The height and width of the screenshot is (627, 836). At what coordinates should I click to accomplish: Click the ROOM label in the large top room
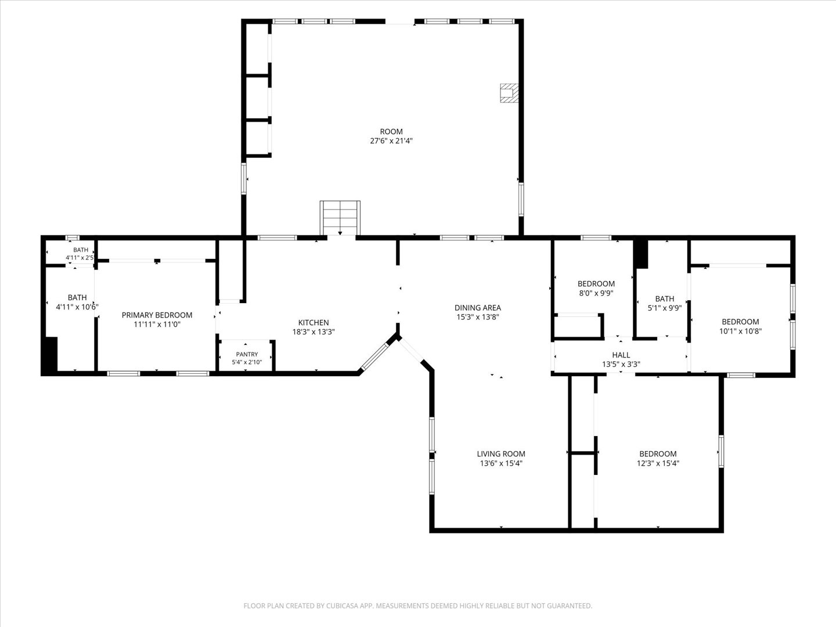coord(391,131)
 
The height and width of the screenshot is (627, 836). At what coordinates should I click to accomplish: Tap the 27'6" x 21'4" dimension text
coord(391,141)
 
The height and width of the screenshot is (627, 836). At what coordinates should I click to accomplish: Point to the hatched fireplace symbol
coord(509,93)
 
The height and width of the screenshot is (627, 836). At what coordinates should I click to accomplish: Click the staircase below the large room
coord(340,218)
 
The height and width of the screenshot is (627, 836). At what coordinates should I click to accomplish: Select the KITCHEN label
coord(313,322)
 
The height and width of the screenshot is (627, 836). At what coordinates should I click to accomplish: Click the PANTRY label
coord(247,354)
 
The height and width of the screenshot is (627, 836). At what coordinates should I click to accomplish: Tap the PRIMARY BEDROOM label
coord(157,315)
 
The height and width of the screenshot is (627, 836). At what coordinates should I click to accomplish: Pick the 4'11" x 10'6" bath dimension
coord(77,307)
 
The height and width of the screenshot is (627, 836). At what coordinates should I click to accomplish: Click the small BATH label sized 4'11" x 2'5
coord(81,250)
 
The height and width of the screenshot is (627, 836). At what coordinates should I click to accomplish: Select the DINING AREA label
coord(478,308)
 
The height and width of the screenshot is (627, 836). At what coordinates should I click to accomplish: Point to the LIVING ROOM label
coord(501,454)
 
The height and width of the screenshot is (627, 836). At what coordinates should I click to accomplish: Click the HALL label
coord(621,355)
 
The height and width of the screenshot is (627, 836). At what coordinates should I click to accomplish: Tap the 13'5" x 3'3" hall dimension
coord(621,365)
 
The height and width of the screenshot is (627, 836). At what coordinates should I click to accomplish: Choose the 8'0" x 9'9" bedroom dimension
coord(596,293)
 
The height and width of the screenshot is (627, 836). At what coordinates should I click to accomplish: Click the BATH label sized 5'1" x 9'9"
coord(665,299)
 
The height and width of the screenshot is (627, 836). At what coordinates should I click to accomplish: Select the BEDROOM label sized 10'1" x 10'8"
coord(740,322)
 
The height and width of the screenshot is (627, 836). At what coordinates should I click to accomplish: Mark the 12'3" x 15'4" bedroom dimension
coord(658,463)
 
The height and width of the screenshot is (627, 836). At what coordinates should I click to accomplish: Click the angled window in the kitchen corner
coord(374,356)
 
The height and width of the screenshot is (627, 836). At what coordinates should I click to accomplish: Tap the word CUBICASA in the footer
coord(343,606)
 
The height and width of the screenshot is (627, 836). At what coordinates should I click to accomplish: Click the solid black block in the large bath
coord(50,354)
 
